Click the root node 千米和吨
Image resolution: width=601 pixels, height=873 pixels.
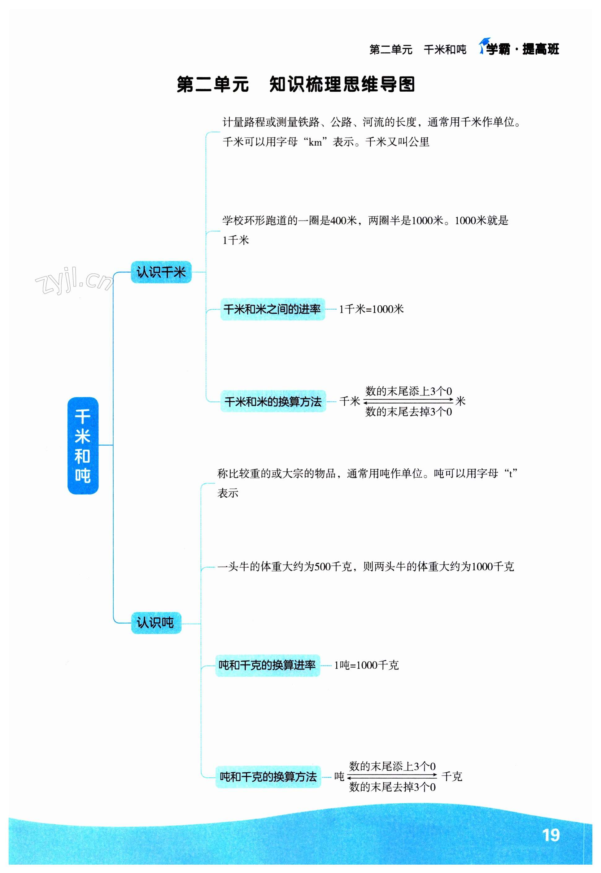(x=83, y=446)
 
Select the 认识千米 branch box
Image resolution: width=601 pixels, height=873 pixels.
(x=161, y=272)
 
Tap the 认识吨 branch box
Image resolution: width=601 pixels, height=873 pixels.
(x=156, y=622)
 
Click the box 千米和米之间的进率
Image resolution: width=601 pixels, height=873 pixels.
(x=272, y=309)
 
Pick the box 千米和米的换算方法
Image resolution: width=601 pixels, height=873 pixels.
(x=273, y=401)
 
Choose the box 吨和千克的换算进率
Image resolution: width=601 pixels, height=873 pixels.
(x=267, y=666)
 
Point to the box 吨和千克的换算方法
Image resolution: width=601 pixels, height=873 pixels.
(x=268, y=777)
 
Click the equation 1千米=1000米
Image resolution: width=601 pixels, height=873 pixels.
(x=371, y=309)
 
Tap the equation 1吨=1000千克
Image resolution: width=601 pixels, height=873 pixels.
(x=366, y=666)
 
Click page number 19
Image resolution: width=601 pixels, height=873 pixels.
(x=551, y=835)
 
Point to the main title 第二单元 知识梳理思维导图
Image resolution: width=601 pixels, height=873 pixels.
(x=296, y=84)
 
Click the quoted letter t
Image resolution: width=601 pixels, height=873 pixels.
(x=511, y=474)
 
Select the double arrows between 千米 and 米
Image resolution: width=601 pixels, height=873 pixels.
(x=408, y=401)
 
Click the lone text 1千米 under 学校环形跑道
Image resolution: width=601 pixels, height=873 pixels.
(x=236, y=240)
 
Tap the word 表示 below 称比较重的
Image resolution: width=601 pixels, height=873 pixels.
(x=228, y=493)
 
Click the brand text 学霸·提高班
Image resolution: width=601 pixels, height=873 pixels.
(x=523, y=49)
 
